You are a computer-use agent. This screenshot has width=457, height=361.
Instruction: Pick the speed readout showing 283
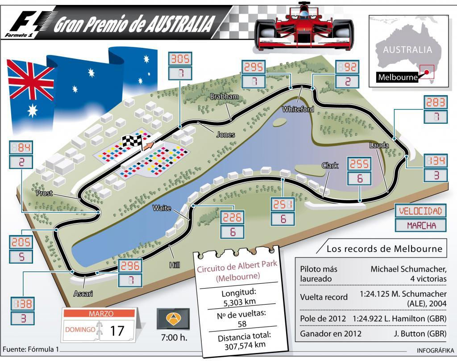coord(435,102)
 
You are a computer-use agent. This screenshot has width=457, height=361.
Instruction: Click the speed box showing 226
coord(232,218)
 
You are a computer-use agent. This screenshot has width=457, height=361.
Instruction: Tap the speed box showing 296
coord(130,265)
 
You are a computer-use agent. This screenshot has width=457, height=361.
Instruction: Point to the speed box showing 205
coord(21,242)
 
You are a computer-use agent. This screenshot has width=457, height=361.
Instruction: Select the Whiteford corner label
coord(298,109)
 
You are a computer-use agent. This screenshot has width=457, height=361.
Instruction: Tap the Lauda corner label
coord(379,145)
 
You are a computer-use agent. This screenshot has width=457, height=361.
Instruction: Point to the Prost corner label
coord(45,193)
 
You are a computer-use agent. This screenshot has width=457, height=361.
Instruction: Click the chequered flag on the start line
coord(133,141)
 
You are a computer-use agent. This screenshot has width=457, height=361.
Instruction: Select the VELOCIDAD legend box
coord(420,211)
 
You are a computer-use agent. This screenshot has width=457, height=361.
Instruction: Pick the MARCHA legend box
coord(420,225)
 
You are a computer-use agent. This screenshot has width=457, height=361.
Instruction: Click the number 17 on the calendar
coord(117,331)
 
